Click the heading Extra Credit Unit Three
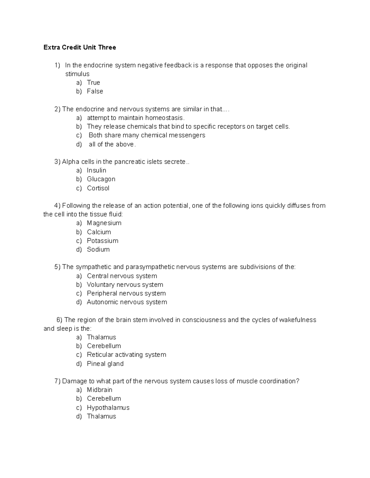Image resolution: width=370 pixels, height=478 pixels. (x=80, y=47)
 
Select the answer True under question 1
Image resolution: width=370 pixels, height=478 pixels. (x=93, y=82)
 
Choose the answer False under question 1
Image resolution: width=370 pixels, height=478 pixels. (x=95, y=91)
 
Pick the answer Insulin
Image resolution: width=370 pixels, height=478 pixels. (x=97, y=171)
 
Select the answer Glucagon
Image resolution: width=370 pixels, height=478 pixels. (x=101, y=179)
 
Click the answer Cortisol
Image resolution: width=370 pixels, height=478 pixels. (x=98, y=188)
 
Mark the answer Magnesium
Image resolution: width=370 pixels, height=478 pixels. (x=104, y=223)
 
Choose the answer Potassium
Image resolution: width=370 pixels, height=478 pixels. (x=103, y=241)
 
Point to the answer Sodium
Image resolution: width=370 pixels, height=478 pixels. (x=98, y=249)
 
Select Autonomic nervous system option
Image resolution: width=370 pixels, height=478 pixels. (x=127, y=302)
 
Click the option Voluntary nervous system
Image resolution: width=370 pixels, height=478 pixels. (x=125, y=285)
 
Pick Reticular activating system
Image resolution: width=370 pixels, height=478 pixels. (x=126, y=355)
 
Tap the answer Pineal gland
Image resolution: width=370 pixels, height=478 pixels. (x=105, y=364)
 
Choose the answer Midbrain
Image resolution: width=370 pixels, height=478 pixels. (x=100, y=390)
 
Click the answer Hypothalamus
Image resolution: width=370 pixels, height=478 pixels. (x=108, y=408)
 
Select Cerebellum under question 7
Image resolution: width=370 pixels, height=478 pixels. (x=104, y=399)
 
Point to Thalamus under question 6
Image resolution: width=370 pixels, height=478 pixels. (x=101, y=337)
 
